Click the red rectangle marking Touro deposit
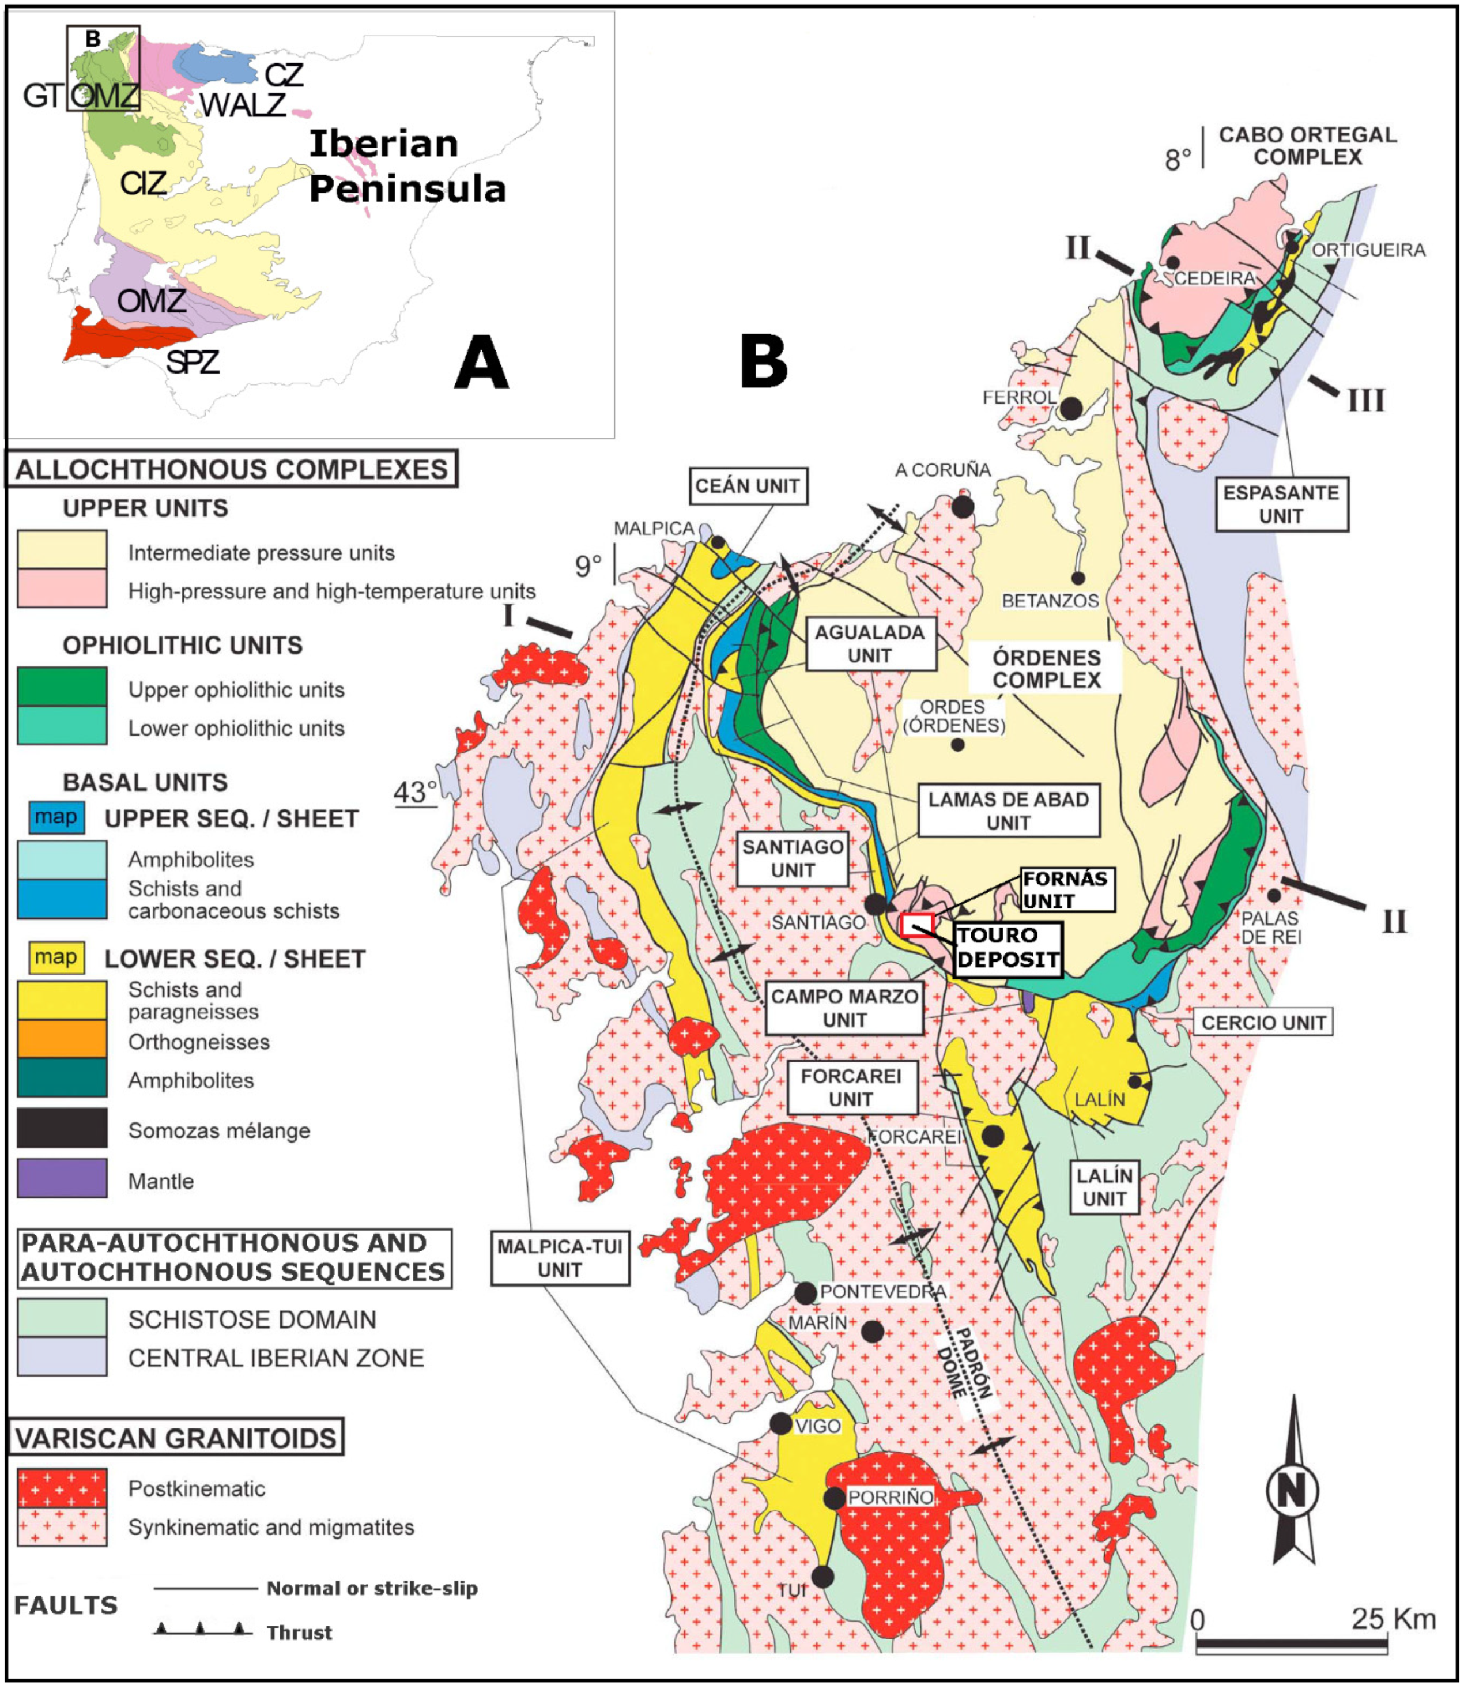(916, 925)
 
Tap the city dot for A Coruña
(963, 506)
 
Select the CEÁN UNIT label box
(748, 486)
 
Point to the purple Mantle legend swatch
(62, 1178)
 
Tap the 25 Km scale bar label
(1393, 1618)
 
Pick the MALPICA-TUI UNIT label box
(560, 1258)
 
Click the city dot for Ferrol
(1070, 408)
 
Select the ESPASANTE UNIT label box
(1281, 504)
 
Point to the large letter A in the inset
(481, 363)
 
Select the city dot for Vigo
(780, 1423)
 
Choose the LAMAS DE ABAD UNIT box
(1008, 810)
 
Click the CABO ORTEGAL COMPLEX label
(1307, 145)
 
